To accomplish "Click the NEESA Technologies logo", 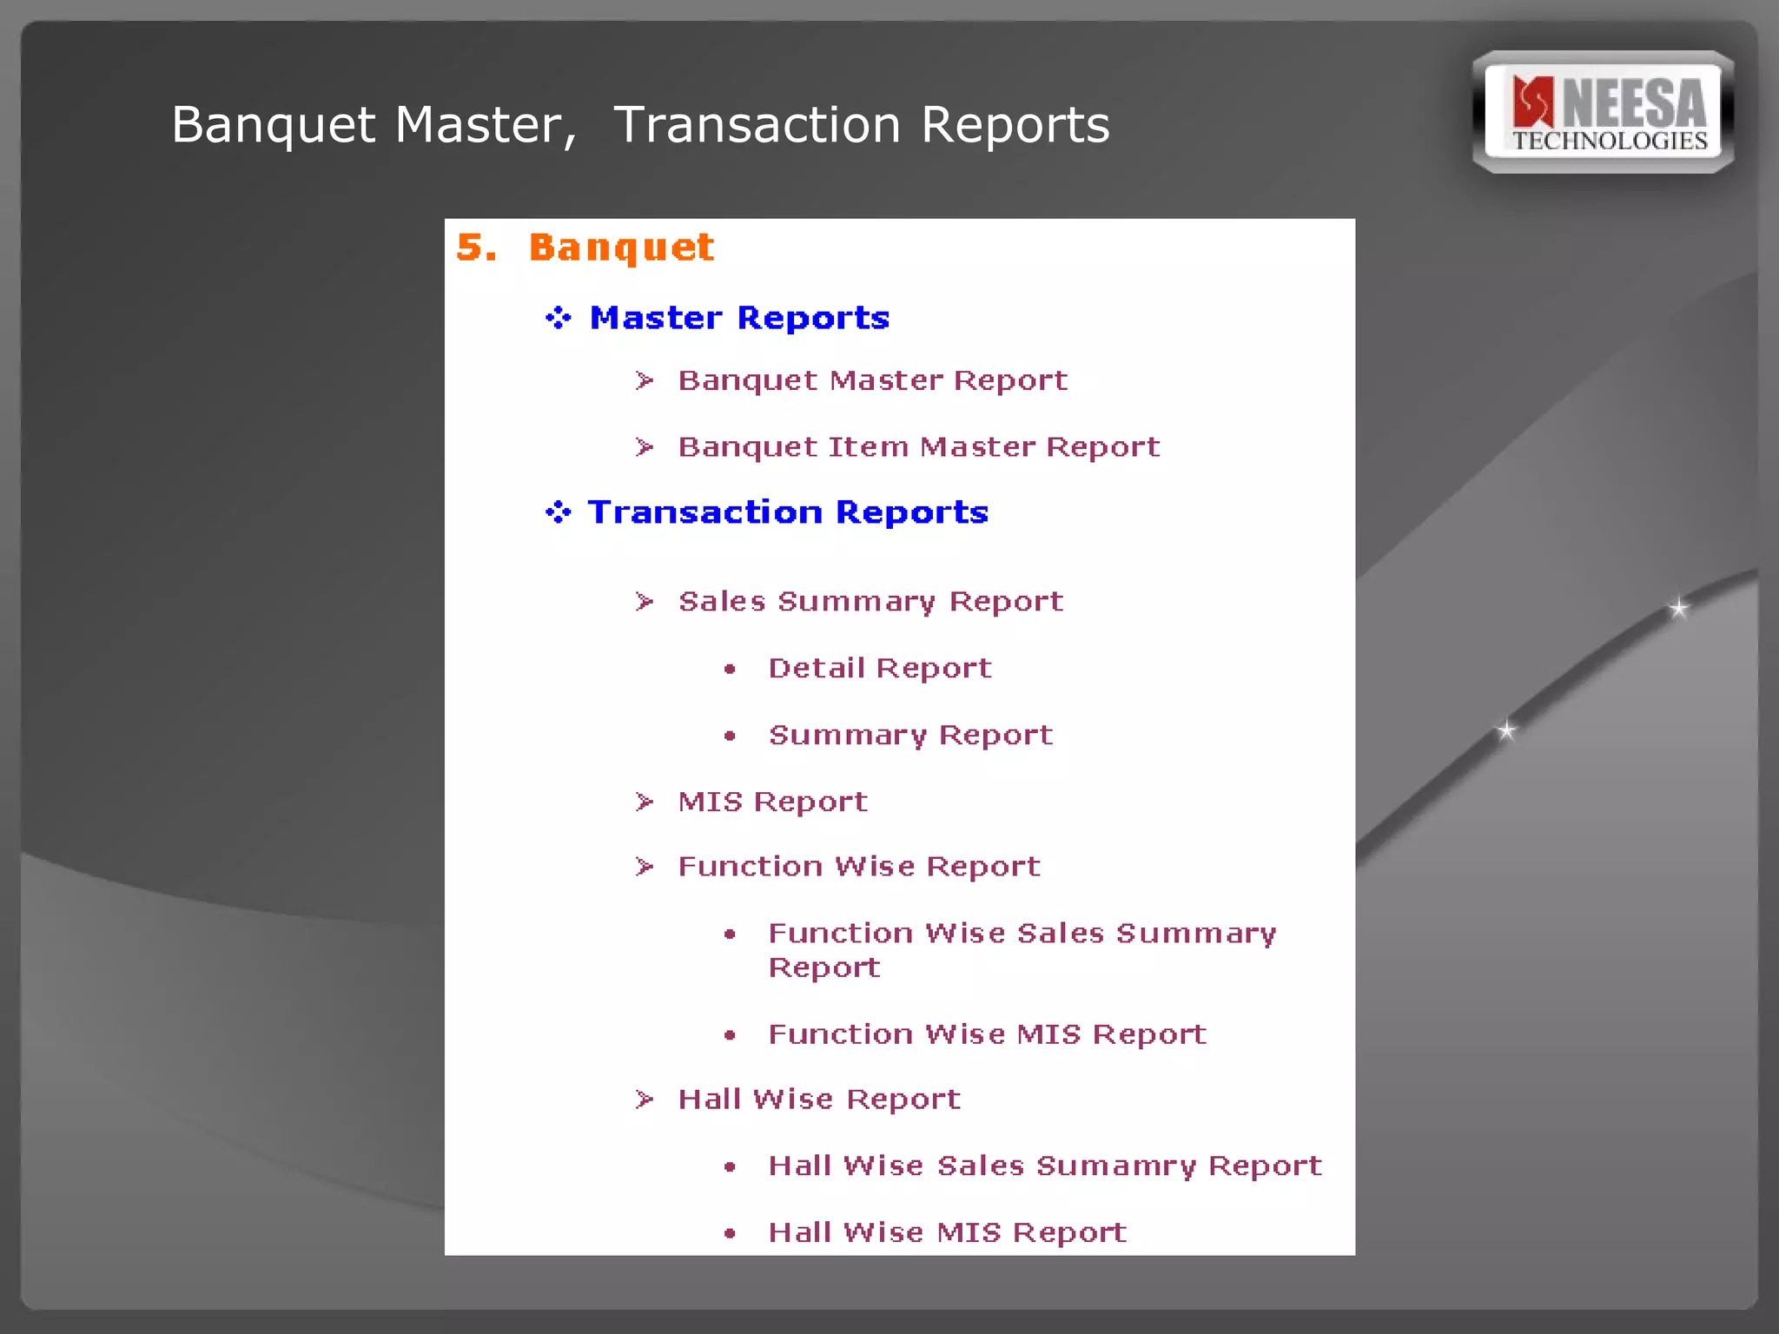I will click(1604, 113).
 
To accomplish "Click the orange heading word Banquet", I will click(621, 248).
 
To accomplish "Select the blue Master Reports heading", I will click(739, 318).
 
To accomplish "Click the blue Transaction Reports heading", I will click(788, 512).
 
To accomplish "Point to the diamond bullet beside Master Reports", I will click(558, 318).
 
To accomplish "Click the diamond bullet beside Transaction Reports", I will click(558, 512).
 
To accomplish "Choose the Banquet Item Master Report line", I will click(918, 447).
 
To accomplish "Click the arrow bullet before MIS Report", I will click(644, 802).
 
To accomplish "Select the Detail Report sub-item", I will click(879, 669).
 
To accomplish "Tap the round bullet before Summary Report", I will click(730, 736).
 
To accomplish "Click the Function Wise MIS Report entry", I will click(987, 1034).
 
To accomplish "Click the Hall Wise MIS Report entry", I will click(947, 1232).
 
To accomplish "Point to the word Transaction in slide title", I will click(757, 125).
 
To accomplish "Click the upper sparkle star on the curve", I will click(1678, 608).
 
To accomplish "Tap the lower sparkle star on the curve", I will click(1506, 730).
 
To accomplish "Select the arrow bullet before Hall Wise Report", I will click(644, 1100).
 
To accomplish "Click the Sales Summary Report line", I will click(870, 602).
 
